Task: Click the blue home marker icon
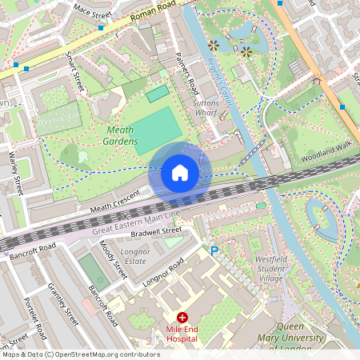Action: tap(180, 173)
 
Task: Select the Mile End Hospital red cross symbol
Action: tap(182, 318)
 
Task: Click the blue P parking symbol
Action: tap(214, 250)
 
